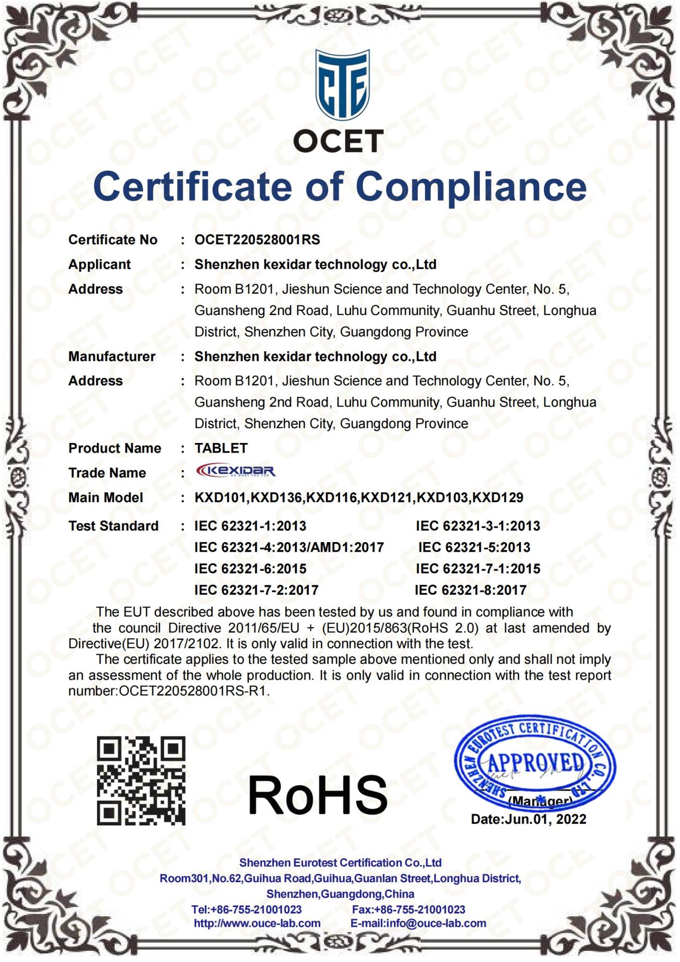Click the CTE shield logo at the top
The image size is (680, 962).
click(342, 86)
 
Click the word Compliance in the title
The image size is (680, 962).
click(471, 187)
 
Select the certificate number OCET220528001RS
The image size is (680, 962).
click(257, 240)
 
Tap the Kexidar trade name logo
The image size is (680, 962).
click(236, 470)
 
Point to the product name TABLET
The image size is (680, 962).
click(221, 448)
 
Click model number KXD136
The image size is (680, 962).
click(277, 497)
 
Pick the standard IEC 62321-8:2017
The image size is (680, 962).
click(470, 590)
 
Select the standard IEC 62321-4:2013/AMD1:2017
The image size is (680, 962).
click(289, 547)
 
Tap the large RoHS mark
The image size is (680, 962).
click(317, 795)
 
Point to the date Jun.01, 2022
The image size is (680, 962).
click(545, 819)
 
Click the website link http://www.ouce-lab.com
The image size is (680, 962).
click(257, 924)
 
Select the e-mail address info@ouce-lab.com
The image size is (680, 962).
click(436, 924)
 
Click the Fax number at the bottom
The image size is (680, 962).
click(408, 910)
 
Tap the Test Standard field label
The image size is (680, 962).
click(113, 526)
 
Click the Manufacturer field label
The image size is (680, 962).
click(112, 356)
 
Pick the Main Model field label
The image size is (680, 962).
click(105, 497)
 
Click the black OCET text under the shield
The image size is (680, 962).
click(338, 141)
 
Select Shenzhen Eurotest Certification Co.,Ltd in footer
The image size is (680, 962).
click(340, 862)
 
